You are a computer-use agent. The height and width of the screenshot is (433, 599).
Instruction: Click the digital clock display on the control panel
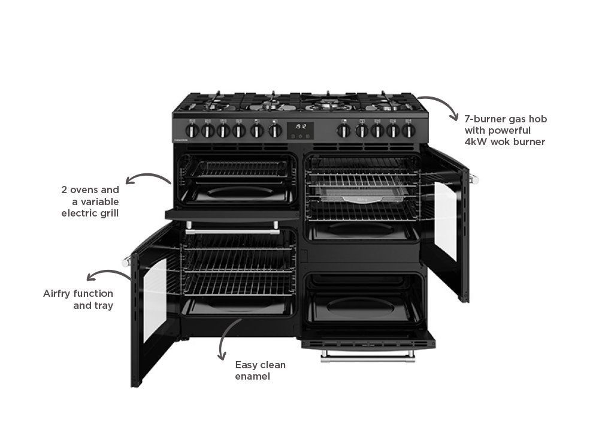click(300, 130)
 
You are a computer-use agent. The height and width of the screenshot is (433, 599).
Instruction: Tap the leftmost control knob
click(192, 131)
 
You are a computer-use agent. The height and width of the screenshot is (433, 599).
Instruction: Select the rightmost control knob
click(409, 131)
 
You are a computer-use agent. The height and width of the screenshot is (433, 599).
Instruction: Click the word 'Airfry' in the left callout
click(58, 294)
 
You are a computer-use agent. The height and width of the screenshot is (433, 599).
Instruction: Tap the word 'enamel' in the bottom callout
click(253, 377)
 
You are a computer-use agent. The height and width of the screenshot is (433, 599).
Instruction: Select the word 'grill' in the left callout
click(110, 214)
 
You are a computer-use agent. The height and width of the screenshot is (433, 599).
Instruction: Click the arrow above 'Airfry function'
click(109, 272)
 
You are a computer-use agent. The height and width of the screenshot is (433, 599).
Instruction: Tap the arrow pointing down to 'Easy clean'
click(226, 336)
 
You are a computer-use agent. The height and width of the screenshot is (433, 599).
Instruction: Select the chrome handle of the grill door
click(232, 231)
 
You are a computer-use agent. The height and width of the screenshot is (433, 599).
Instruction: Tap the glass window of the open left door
click(155, 300)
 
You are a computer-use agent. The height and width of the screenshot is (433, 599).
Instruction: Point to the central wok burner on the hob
click(328, 103)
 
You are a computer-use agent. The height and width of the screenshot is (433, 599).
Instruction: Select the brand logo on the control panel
click(181, 140)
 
